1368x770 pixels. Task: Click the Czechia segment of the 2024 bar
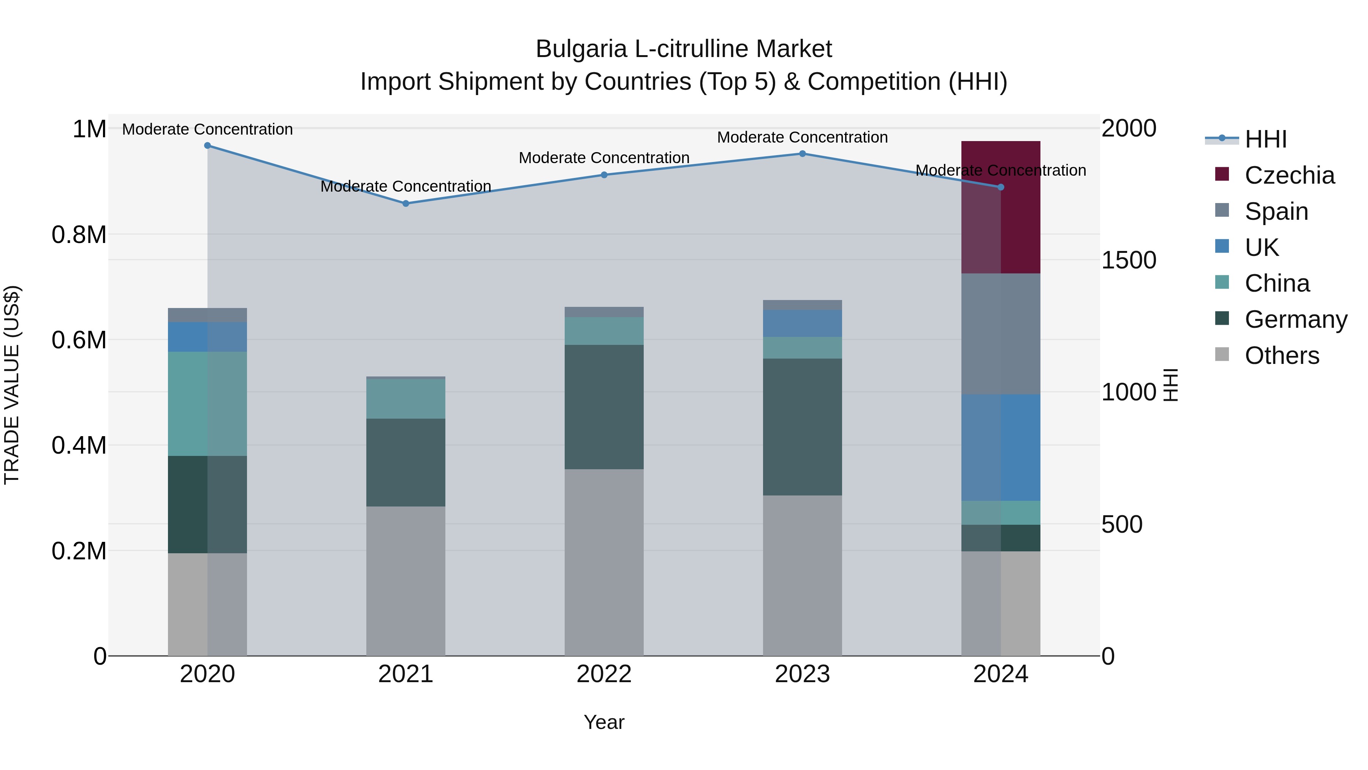(x=1000, y=207)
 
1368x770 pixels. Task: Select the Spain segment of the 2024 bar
(x=1000, y=334)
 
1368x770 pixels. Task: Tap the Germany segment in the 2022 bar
(x=604, y=406)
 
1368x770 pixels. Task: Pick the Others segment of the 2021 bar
(x=406, y=581)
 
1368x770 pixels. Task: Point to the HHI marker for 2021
(x=406, y=203)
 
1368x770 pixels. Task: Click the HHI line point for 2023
(x=803, y=154)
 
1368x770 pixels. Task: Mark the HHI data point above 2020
(x=207, y=146)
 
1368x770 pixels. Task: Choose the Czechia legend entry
(x=1289, y=175)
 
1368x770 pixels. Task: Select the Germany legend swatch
(x=1222, y=319)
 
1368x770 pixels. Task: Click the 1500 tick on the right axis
(x=1129, y=260)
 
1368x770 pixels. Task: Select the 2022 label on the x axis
(x=604, y=674)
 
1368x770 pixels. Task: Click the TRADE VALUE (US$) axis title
(x=12, y=385)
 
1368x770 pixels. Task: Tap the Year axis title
(x=604, y=722)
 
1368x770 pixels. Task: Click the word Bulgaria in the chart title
(x=581, y=49)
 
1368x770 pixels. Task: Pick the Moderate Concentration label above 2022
(x=604, y=158)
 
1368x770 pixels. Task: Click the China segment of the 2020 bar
(x=207, y=403)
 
